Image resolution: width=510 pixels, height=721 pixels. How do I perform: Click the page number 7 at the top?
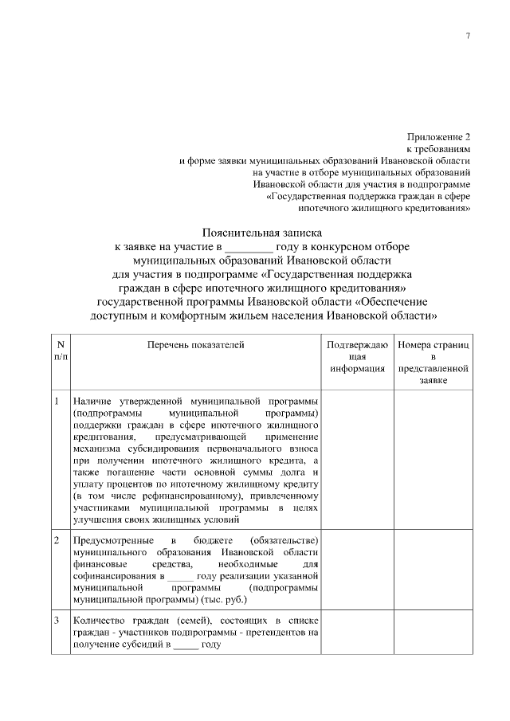tap(468, 36)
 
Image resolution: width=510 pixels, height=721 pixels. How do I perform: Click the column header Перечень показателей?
tap(195, 344)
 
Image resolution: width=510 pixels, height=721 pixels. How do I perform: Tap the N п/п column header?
tap(60, 351)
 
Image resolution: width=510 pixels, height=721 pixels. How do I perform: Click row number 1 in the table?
tap(57, 400)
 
